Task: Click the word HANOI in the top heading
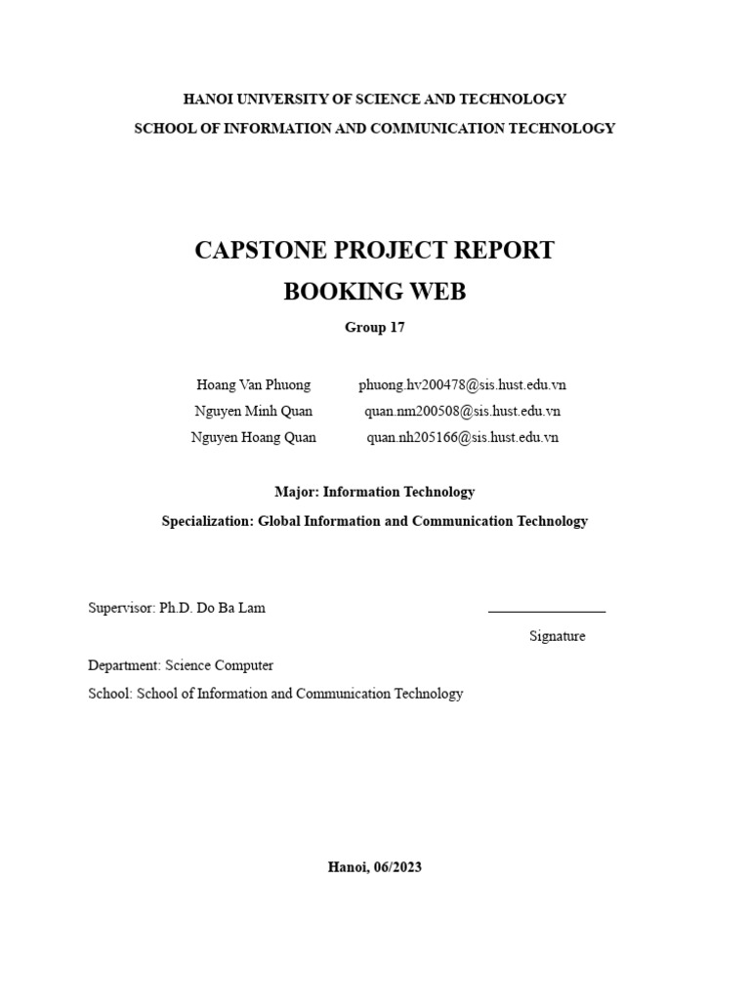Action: (x=207, y=99)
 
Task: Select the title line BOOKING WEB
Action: (x=374, y=292)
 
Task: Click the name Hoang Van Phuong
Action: (x=253, y=385)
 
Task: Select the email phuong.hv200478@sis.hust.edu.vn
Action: (x=462, y=385)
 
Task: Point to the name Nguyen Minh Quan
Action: (x=253, y=412)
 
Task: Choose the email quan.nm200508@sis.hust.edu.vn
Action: (x=462, y=412)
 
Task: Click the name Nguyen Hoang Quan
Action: (x=253, y=438)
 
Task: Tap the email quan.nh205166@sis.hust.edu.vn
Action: (x=462, y=438)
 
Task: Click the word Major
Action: (x=295, y=493)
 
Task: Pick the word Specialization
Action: (x=206, y=521)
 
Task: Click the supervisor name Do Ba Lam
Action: (x=232, y=608)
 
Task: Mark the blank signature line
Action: (x=546, y=611)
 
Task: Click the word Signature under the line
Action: (x=558, y=636)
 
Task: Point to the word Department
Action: (x=123, y=665)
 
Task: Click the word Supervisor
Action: (x=120, y=608)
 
